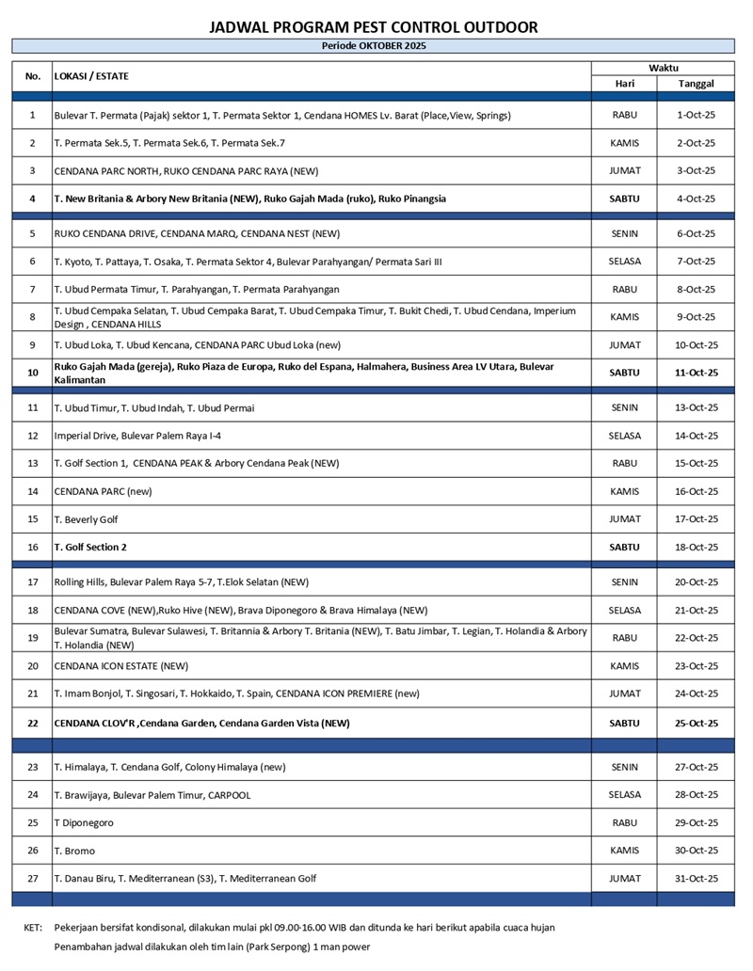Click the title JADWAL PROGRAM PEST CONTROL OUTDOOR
[x=374, y=27]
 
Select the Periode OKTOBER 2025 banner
[x=374, y=45]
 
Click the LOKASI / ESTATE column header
[x=92, y=76]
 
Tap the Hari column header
[x=624, y=84]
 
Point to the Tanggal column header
[x=696, y=84]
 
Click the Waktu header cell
[x=663, y=68]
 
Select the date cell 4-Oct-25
[x=697, y=199]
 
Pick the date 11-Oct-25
[x=697, y=373]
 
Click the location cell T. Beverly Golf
[x=87, y=519]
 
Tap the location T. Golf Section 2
[x=90, y=547]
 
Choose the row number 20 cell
[x=33, y=666]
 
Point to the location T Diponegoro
[x=84, y=822]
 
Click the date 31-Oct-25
[x=697, y=878]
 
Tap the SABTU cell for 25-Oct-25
[x=624, y=724]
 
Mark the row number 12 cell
[x=33, y=436]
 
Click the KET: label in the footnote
[x=33, y=927]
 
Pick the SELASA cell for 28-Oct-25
[x=624, y=795]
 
